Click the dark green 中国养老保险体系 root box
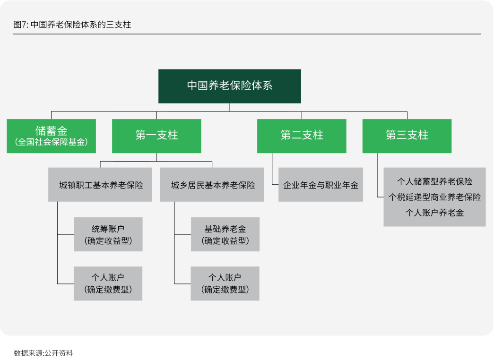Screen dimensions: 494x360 coord(229,86)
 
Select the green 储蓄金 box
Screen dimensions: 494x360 coord(51,136)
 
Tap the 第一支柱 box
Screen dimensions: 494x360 coord(156,136)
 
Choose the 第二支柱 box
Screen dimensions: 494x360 coord(302,136)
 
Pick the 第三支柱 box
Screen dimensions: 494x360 coord(407,136)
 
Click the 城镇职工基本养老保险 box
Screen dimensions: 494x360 coord(100,185)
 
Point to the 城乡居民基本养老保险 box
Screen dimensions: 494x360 coord(212,185)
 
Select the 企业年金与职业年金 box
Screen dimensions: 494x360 coord(321,185)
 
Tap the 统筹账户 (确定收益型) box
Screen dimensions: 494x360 coord(108,234)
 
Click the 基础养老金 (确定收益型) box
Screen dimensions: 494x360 coord(225,234)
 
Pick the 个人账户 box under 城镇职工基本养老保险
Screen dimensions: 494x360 coord(108,283)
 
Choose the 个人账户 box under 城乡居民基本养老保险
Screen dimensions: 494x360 coord(225,283)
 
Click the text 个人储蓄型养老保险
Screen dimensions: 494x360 coord(434,181)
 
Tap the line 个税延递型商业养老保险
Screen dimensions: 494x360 coord(434,197)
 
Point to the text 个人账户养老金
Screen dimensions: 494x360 coord(434,213)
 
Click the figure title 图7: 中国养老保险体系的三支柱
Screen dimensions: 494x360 coord(72,25)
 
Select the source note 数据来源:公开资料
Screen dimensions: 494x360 coord(43,353)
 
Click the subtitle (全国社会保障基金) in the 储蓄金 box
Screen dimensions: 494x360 coord(51,142)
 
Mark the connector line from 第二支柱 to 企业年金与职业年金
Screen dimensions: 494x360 coord(272,169)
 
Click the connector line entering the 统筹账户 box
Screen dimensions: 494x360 coord(66,234)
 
